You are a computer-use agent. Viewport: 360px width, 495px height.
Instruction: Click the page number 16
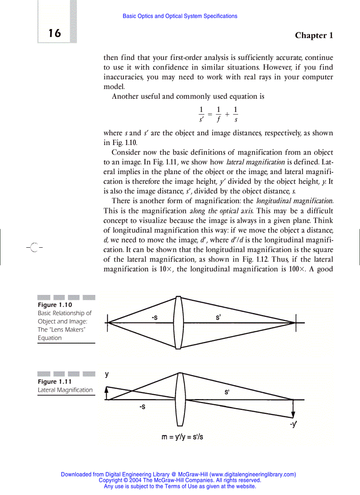(x=55, y=33)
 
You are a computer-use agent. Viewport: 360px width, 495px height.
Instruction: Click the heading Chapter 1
(x=314, y=36)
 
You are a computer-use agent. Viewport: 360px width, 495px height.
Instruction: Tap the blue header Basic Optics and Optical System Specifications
(x=180, y=16)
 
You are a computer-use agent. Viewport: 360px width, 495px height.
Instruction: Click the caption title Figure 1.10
(x=55, y=305)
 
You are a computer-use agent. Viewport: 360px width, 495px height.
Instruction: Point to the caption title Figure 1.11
(x=55, y=381)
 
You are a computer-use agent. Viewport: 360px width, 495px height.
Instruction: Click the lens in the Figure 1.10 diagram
(x=178, y=323)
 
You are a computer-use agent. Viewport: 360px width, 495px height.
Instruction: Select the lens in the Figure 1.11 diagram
(x=180, y=399)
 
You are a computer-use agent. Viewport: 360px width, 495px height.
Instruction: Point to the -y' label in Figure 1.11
(x=293, y=424)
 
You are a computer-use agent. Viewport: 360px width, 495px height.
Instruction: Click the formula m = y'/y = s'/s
(x=183, y=437)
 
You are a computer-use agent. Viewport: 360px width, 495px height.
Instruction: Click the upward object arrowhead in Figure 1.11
(x=106, y=389)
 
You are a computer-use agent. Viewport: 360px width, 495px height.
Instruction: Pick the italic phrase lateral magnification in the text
(x=255, y=162)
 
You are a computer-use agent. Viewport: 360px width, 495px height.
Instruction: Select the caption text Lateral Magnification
(x=65, y=390)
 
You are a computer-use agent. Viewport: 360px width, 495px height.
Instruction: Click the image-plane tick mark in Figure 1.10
(x=296, y=323)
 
